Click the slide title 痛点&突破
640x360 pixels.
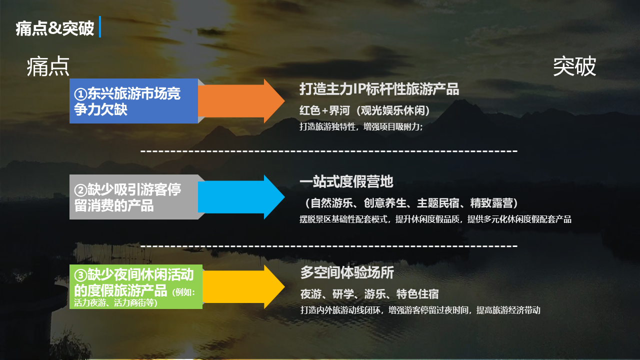pos(55,28)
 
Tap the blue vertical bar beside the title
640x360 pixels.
pos(100,27)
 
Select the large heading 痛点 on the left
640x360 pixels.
pos(48,67)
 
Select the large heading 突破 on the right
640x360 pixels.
pos(574,67)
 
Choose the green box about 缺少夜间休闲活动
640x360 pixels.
pos(135,287)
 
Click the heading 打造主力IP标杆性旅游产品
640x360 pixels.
pos(379,89)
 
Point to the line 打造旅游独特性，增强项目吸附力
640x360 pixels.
pos(361,127)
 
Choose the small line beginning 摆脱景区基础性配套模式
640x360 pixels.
pos(435,219)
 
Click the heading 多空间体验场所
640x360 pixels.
pos(347,272)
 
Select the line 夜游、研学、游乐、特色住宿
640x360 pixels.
pos(369,294)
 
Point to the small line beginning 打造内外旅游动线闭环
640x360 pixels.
pos(420,310)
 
